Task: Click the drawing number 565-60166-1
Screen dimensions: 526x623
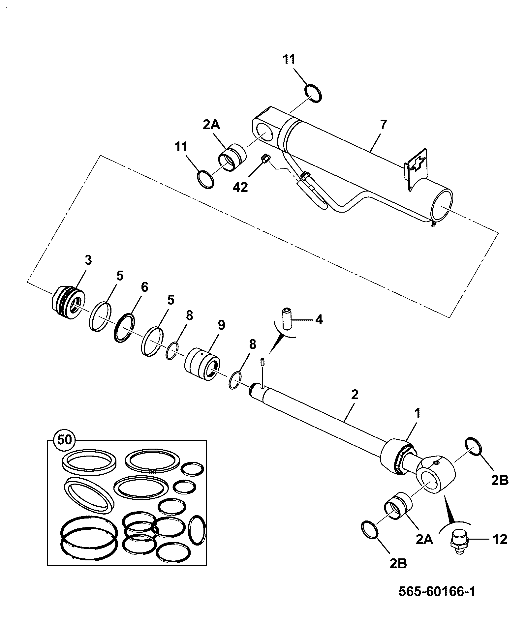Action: [x=437, y=591]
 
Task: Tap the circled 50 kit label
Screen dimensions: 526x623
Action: [x=65, y=440]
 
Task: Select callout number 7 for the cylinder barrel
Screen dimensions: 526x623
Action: [x=383, y=125]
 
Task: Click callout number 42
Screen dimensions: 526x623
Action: [x=240, y=187]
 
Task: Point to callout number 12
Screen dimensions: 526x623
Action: [x=500, y=539]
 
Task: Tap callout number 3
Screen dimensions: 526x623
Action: [x=88, y=260]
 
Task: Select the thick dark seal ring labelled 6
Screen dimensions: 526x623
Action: [x=125, y=328]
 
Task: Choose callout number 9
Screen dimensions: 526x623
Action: [x=221, y=325]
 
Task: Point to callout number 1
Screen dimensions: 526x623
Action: [x=418, y=413]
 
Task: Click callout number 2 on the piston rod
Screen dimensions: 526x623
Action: [x=355, y=395]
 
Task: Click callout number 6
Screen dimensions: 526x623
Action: [x=144, y=287]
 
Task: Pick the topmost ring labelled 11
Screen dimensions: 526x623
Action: [x=313, y=94]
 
